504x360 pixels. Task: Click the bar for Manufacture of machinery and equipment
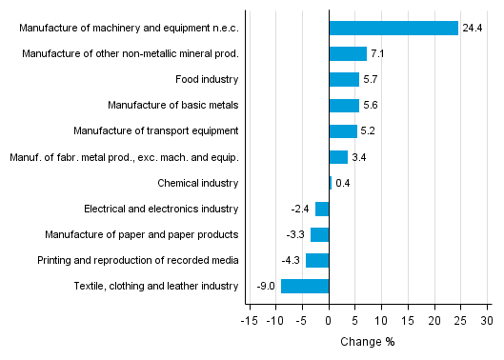pos(393,29)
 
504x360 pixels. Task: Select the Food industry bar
pos(344,80)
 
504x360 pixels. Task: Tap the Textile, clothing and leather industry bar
pos(305,286)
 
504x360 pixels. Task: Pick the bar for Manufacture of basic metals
pos(344,106)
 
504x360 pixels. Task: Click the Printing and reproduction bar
pos(317,260)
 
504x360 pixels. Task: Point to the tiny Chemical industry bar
pos(331,183)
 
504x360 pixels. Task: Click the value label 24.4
pos(473,29)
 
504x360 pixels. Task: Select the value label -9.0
pos(266,286)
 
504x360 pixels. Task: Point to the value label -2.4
pos(301,209)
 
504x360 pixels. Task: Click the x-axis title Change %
pos(367,342)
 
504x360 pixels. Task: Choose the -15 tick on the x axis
pos(249,320)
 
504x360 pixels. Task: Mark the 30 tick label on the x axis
pos(488,320)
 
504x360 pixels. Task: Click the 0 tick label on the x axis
pos(329,320)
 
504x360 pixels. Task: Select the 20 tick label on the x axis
pos(434,320)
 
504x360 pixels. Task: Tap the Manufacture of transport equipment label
pos(155,131)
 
